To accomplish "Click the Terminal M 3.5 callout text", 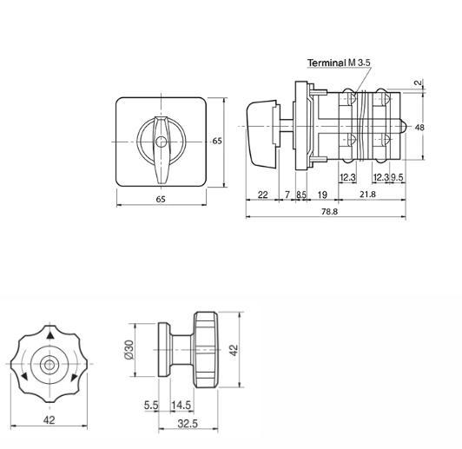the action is (339, 63).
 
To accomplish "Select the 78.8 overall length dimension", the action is (329, 211).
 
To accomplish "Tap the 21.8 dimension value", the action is (367, 195).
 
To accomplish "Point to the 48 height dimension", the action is (419, 128).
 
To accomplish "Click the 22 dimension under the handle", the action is (262, 195).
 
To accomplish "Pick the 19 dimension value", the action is (323, 195).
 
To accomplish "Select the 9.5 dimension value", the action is (397, 177).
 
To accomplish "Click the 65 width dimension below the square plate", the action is (161, 199).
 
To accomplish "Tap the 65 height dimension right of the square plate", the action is (217, 141).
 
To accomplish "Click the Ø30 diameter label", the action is (129, 350).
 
